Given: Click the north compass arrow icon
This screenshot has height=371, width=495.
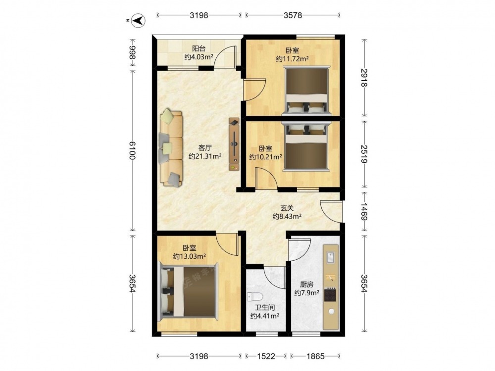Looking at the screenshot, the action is point(139,20).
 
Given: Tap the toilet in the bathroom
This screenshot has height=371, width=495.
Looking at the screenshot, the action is point(255,297).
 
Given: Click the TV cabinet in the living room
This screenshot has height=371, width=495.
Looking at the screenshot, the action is point(234,144).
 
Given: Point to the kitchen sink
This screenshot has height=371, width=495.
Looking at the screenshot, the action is point(331,257).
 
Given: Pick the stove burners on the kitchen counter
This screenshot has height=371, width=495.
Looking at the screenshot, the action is point(331,295).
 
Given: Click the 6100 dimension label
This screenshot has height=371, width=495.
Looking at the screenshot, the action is point(132,151).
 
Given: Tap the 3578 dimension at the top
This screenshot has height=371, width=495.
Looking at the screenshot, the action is point(293,15).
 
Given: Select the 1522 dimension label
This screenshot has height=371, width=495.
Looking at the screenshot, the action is point(266,356).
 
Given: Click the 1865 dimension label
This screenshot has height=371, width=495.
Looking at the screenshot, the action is point(315,356).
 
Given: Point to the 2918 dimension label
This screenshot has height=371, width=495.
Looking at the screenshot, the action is point(364,78).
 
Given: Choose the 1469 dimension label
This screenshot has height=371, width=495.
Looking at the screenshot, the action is point(364,212).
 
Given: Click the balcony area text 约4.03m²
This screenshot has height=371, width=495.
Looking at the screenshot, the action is point(199,57).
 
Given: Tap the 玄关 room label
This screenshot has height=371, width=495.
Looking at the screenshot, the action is point(287,208).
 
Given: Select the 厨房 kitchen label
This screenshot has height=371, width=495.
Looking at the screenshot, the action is point(306,284).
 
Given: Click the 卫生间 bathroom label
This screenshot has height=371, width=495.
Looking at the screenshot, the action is point(264,307).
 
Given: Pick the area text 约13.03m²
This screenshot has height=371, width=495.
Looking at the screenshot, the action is point(190,256).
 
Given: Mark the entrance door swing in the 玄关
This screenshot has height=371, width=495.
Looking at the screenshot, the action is point(331,212).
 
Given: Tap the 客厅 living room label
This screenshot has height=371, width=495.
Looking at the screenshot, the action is point(205,147).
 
